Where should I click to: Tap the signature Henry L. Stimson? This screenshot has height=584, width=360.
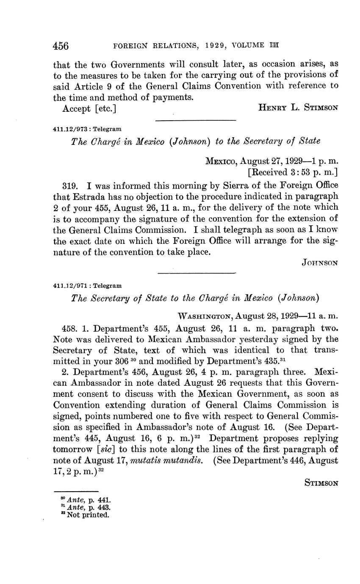click(x=298, y=108)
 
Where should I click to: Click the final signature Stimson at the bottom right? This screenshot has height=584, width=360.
click(x=321, y=482)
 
